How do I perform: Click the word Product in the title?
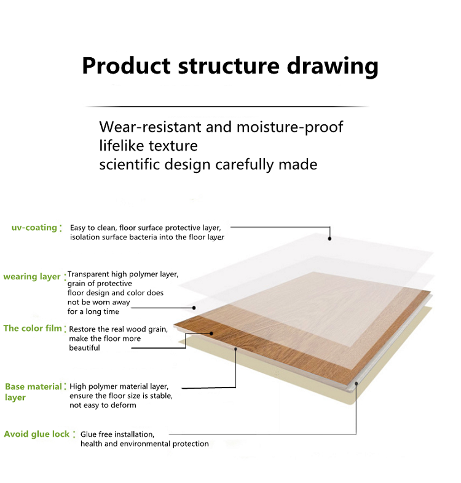click(126, 66)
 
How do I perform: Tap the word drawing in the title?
click(333, 67)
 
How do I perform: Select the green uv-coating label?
click(34, 228)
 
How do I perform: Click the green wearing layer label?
click(32, 277)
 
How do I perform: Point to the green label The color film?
click(33, 329)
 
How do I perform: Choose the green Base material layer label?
click(34, 392)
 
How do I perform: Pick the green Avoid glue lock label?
click(37, 434)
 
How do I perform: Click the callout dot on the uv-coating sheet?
click(329, 238)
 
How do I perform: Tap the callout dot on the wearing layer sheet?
click(194, 308)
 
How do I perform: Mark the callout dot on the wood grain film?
click(211, 333)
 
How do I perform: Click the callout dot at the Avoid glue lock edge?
click(356, 384)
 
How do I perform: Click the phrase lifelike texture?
click(148, 146)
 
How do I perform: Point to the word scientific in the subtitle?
click(130, 164)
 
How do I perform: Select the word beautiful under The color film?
click(84, 348)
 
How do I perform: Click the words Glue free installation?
click(117, 434)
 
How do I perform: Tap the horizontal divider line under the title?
click(227, 106)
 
